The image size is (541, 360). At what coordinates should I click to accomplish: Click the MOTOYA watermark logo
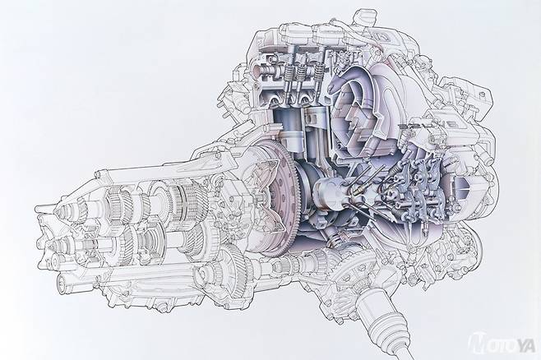pyautogui.click(x=502, y=343)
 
